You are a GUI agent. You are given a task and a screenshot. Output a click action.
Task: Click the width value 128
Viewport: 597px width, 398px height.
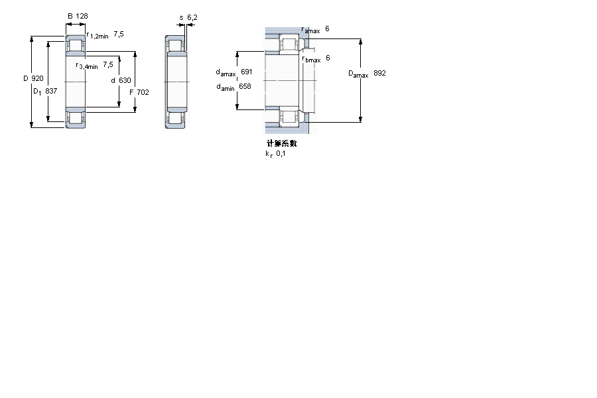coord(82,16)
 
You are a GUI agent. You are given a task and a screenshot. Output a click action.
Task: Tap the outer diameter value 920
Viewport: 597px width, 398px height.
coord(37,78)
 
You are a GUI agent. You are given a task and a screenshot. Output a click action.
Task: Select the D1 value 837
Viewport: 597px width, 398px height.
coord(51,91)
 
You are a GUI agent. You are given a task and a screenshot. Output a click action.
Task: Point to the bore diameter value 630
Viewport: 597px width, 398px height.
coord(125,80)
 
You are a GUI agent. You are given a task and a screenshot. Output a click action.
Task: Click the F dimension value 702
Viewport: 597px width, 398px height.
coord(143,92)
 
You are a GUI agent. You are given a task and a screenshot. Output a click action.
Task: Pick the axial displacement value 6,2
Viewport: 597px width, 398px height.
coord(192,17)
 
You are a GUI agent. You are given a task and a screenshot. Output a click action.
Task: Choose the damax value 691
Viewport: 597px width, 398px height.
coord(246,72)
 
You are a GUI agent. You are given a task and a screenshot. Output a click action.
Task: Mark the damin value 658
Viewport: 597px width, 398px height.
coord(245,86)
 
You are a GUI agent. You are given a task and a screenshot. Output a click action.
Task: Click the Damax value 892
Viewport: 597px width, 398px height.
coord(379,73)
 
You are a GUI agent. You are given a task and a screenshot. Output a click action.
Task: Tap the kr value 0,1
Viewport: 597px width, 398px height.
coord(281,153)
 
